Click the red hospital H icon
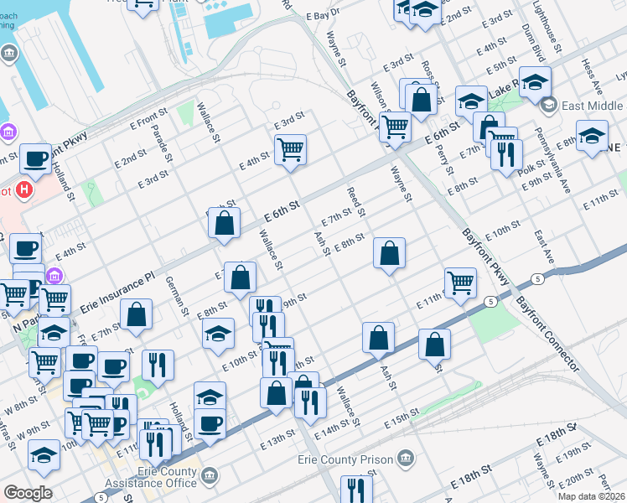[25, 190]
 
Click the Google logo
[28, 493]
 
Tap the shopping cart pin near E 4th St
[290, 151]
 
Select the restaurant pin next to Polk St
[506, 155]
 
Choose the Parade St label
[168, 144]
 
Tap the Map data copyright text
[592, 496]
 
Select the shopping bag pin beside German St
[136, 316]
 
